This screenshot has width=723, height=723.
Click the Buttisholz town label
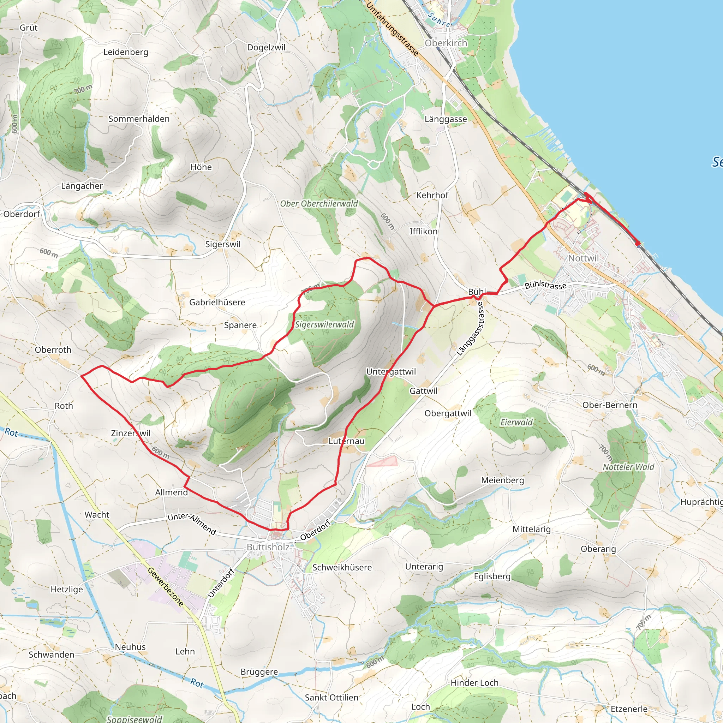point(268,547)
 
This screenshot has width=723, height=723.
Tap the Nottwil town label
point(584,258)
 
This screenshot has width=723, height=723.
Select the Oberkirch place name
point(446,43)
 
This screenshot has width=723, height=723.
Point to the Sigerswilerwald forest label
point(324,324)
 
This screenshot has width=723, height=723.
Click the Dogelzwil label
point(266,48)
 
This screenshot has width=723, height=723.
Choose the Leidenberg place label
point(126,52)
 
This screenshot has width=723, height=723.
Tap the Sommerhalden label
point(139,119)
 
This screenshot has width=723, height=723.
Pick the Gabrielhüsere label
point(217,303)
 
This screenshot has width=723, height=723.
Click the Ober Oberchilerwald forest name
point(319,204)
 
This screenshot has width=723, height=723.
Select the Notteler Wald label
point(628,467)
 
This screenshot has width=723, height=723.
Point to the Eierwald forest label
point(516,422)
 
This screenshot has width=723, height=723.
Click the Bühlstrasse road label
point(545,285)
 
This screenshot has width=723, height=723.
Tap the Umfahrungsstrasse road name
point(392,29)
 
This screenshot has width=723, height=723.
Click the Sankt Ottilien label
point(331,698)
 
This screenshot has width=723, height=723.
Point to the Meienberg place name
point(502,480)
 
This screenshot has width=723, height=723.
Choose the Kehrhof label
point(432,195)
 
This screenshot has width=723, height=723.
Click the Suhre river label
point(439,20)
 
